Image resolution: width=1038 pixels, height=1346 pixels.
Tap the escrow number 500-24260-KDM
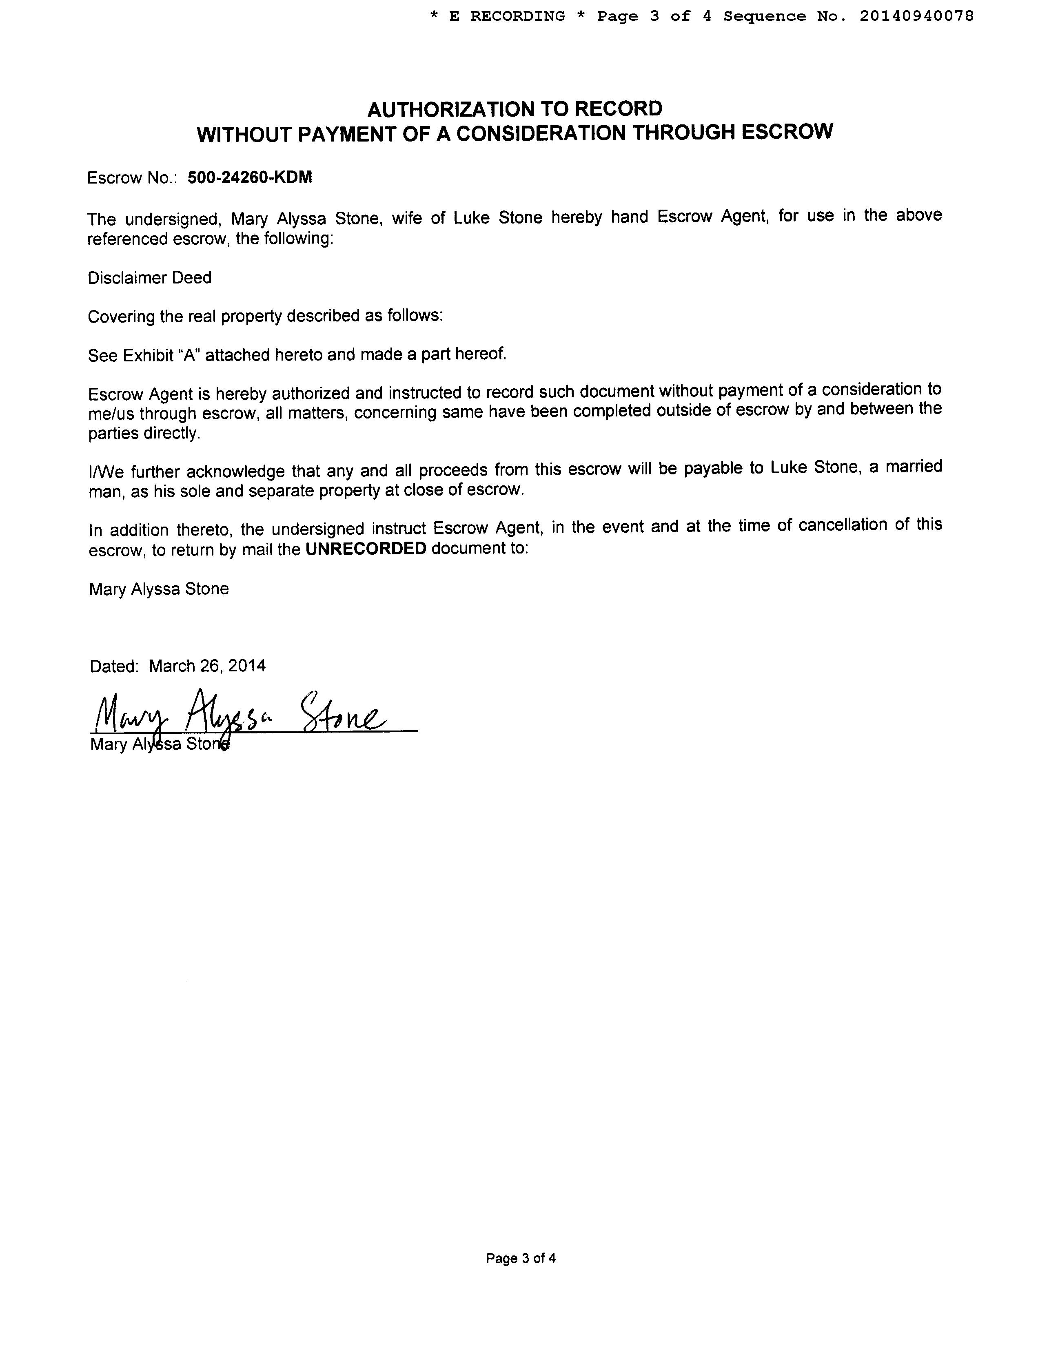coord(250,177)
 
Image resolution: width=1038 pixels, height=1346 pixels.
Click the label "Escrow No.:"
coord(132,178)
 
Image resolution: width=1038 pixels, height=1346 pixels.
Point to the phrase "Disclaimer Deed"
coord(149,278)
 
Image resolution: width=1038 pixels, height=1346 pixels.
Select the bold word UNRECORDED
coord(366,549)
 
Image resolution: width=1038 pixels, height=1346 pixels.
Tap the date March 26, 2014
coord(207,666)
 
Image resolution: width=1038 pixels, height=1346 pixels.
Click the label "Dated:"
coord(114,666)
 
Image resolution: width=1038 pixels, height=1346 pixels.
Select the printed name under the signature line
coord(160,744)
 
